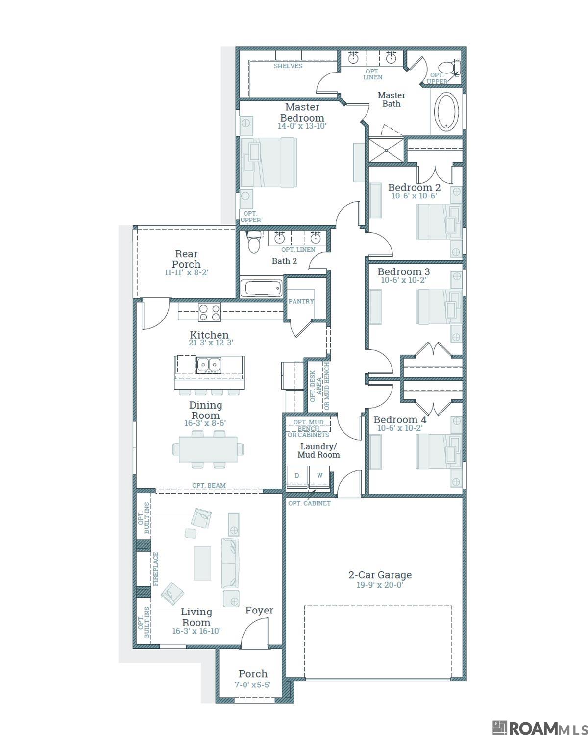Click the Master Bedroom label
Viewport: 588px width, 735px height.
[x=302, y=112]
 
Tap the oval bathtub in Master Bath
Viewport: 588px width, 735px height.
[x=446, y=111]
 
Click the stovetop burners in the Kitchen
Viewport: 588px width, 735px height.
[x=209, y=312]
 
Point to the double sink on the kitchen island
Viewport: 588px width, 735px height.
[x=208, y=365]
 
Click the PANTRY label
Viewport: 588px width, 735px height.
[x=301, y=301]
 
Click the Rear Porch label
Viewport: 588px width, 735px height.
[x=186, y=259]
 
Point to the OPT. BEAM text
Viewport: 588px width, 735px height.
[x=209, y=485]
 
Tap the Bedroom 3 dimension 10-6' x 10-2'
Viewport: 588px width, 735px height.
[x=403, y=280]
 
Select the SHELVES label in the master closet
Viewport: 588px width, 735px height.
[x=288, y=66]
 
